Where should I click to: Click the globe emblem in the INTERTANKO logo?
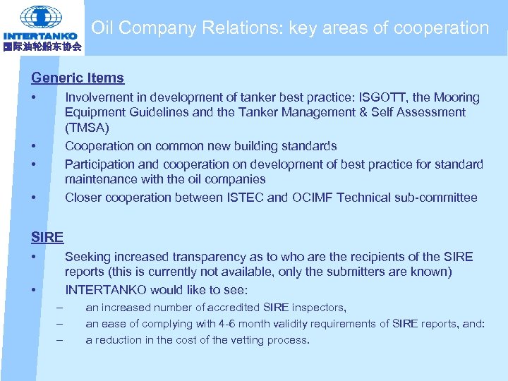coord(41,16)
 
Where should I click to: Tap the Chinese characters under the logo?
coord(42,47)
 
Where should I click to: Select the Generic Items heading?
coord(78,78)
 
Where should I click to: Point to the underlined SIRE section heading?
coord(47,237)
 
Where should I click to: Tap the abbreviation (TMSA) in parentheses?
coord(87,128)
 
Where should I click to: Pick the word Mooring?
coord(455,97)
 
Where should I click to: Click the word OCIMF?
coord(312,198)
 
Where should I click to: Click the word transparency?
coord(213,257)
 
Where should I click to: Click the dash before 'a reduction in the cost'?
coord(59,340)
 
